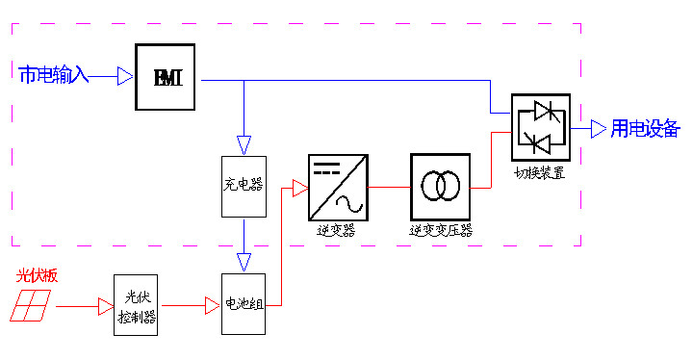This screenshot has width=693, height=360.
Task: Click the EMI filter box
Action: pos(165,77)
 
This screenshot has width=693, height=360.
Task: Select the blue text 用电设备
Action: pos(645,129)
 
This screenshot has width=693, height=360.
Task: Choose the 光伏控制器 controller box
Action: pos(135,304)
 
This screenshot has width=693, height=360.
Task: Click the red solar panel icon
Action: pos(34,305)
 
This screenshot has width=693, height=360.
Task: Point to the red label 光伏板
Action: pos(38,275)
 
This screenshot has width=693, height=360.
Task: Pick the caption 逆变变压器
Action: pos(441,231)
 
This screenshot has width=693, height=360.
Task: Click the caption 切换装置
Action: pos(540,174)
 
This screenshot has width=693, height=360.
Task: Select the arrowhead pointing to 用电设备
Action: pos(598,128)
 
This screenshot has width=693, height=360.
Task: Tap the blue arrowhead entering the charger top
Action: pos(244,143)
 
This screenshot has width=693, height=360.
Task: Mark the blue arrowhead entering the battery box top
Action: pos(244,261)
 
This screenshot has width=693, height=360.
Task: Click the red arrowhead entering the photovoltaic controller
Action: pos(104,307)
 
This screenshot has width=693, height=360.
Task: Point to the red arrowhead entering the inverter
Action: pos(299,189)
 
